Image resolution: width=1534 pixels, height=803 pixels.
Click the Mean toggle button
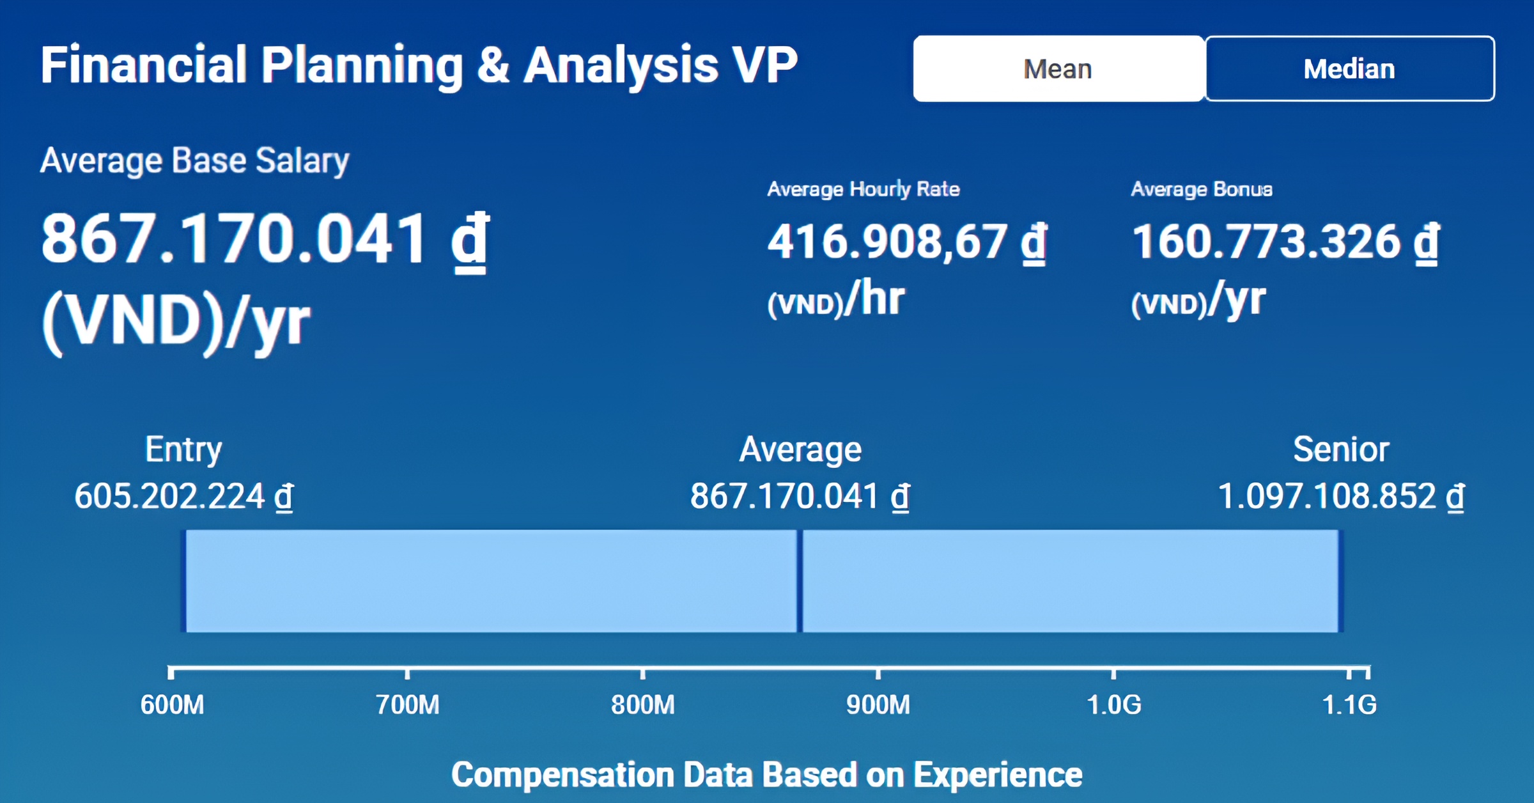pyautogui.click(x=1058, y=68)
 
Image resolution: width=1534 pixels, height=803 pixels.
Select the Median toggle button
pyautogui.click(x=1349, y=68)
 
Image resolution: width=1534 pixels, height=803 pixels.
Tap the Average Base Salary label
pyautogui.click(x=194, y=160)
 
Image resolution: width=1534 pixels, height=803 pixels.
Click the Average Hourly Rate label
pyautogui.click(x=864, y=189)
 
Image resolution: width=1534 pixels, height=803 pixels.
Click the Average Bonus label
pyautogui.click(x=1202, y=189)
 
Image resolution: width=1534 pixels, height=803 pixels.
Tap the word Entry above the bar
pyautogui.click(x=183, y=449)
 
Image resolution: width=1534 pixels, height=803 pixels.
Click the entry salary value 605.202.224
pyautogui.click(x=183, y=496)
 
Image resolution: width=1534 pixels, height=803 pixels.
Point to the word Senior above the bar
pyautogui.click(x=1341, y=449)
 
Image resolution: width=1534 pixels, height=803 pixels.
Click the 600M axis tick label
pyautogui.click(x=173, y=705)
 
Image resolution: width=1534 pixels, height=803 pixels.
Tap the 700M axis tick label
pyautogui.click(x=408, y=705)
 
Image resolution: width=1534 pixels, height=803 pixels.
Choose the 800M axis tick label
pyautogui.click(x=643, y=705)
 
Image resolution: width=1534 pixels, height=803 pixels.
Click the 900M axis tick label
pyautogui.click(x=878, y=705)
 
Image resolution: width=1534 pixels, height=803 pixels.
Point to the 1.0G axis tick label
pyautogui.click(x=1114, y=705)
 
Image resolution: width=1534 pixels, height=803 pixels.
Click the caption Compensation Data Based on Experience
pyautogui.click(x=767, y=775)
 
